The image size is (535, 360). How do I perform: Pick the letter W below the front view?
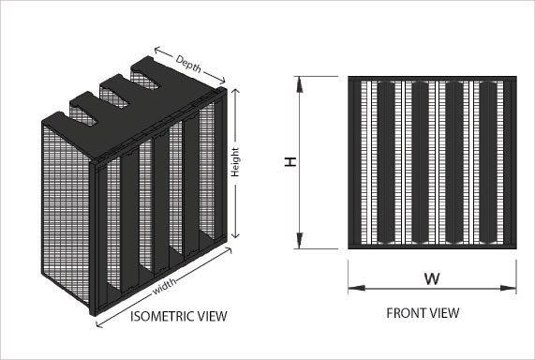tap(431, 278)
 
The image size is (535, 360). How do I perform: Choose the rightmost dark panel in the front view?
tap(485, 161)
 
